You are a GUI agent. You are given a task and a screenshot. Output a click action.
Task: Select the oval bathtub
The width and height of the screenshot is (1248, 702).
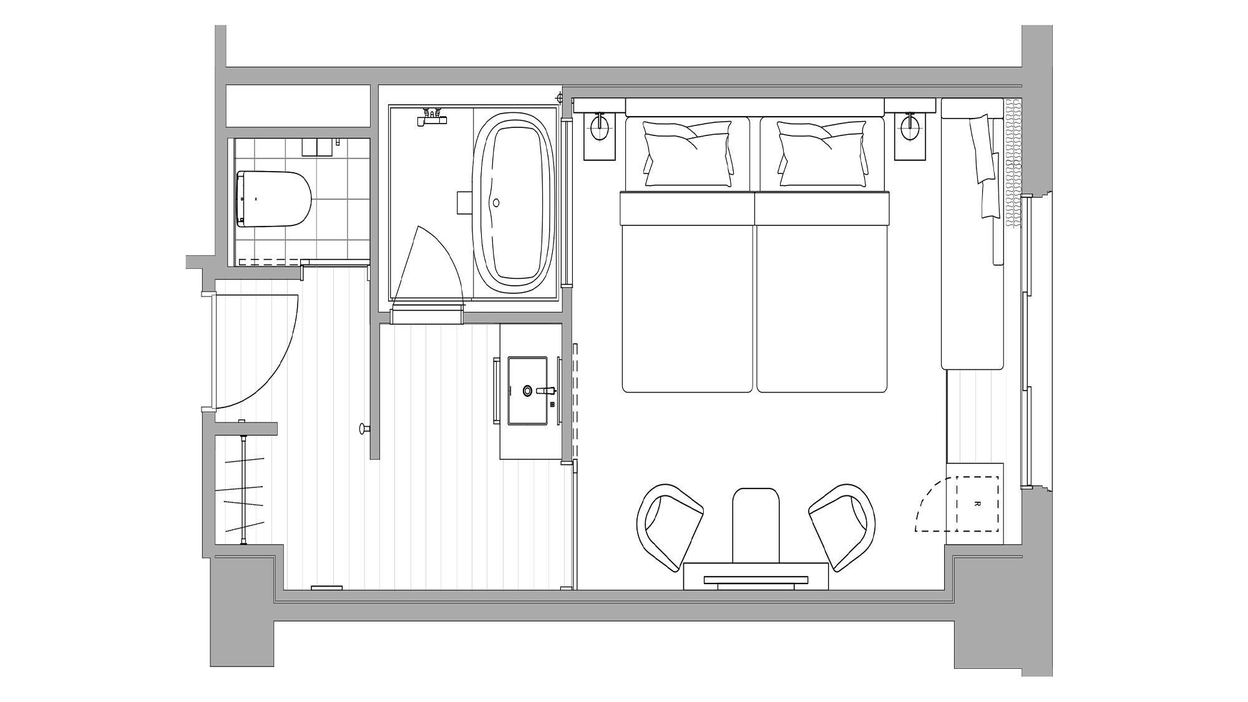point(514,202)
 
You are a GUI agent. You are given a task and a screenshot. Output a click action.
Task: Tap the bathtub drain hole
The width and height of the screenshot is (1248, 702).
point(496,202)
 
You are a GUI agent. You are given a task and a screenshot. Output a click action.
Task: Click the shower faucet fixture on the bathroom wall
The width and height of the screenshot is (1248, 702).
point(432,118)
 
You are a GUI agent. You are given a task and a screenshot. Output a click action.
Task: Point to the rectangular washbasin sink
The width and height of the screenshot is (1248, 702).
point(527,391)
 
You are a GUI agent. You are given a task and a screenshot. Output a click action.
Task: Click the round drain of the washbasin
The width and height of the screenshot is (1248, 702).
point(528,391)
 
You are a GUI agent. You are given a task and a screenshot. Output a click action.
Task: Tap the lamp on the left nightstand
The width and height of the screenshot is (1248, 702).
point(600,126)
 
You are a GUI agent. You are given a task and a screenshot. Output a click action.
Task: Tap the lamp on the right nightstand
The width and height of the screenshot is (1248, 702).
point(910,126)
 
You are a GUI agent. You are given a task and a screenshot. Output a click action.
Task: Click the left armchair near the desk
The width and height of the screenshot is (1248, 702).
point(670,526)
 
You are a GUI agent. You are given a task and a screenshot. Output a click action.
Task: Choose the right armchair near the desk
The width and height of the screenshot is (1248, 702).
point(842,526)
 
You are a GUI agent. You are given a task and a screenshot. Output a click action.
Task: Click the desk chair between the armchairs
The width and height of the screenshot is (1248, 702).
point(756,524)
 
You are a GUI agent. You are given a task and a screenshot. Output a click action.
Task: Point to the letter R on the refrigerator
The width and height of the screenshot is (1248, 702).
point(977,504)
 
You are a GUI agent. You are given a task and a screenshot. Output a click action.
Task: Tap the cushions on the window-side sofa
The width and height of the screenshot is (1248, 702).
point(985,166)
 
